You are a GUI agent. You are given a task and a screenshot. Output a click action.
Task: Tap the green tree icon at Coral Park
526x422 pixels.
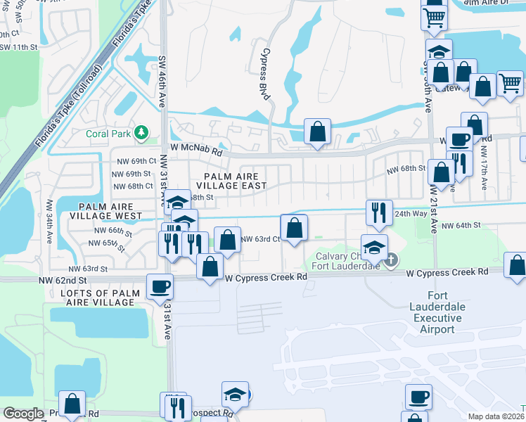pos(141,132)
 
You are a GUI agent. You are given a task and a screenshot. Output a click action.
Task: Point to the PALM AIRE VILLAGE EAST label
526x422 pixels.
pos(236,181)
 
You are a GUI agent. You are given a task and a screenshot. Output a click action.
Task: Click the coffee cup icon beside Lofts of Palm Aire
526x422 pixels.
pos(159,286)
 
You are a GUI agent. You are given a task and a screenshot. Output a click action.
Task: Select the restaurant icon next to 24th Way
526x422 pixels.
pos(378,211)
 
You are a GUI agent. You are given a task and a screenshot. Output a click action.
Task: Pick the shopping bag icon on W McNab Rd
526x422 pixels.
pos(317,131)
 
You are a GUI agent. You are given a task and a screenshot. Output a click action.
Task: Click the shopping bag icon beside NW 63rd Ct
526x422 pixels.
pos(293,228)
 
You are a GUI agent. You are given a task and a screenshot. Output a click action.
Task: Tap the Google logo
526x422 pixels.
pos(23,414)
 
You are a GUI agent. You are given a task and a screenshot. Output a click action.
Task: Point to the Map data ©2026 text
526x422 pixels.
pos(495,416)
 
